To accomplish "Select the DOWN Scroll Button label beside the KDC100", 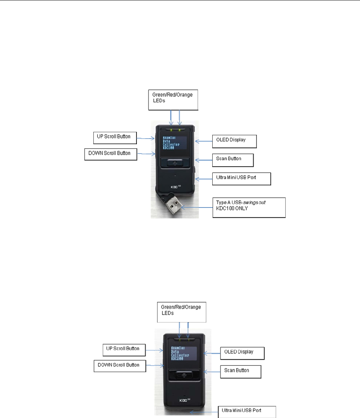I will [110, 154].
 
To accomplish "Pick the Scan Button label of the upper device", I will [232, 160].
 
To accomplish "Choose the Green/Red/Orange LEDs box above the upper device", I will [173, 100].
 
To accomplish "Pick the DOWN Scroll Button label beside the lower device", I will [119, 366].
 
